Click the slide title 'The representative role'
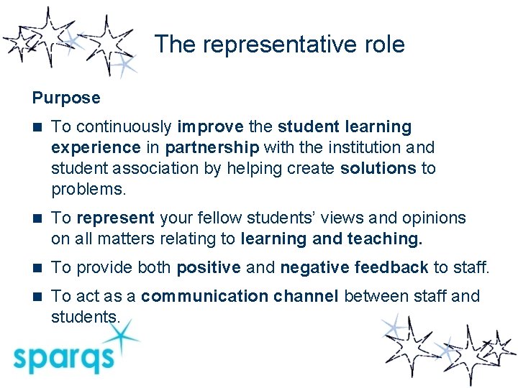[279, 45]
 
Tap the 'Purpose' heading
[66, 97]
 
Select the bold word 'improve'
[210, 127]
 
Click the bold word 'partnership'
[212, 148]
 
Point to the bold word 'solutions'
[378, 169]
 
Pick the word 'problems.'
[88, 190]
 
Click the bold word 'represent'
[115, 218]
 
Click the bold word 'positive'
[209, 267]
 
